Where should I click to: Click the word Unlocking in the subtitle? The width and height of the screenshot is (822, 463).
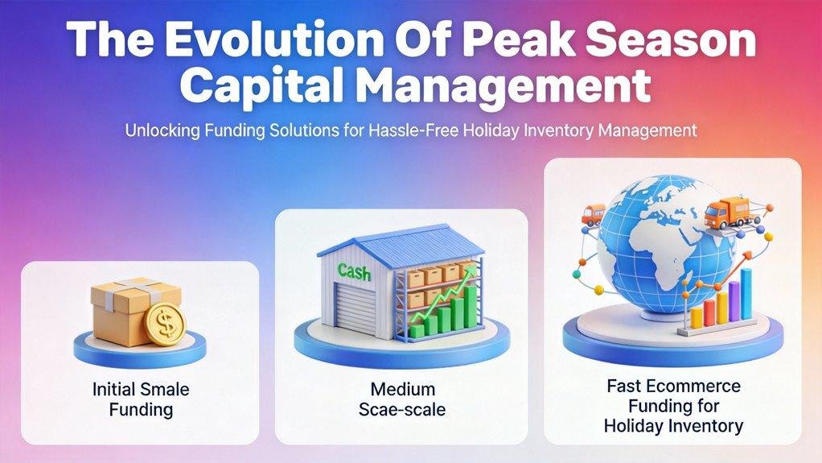tap(162, 130)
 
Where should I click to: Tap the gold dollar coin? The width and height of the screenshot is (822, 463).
tap(165, 325)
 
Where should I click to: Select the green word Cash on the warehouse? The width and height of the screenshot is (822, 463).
tap(354, 271)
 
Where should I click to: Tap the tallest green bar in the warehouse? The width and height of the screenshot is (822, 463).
tap(471, 306)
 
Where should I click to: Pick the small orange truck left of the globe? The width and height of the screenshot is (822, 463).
tap(594, 215)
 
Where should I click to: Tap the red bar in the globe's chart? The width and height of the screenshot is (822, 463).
tap(709, 313)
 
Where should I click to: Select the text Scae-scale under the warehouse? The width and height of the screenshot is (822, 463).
tap(402, 410)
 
